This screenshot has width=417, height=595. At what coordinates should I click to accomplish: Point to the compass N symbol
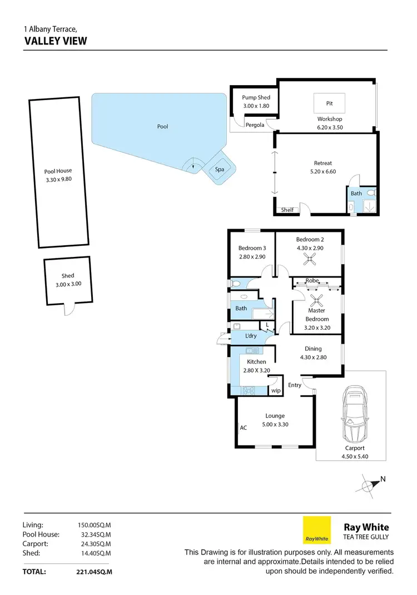pos(371,484)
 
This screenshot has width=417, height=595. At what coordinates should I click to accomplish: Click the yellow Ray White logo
pos(316,530)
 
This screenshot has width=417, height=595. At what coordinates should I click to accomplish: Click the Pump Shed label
pos(256,98)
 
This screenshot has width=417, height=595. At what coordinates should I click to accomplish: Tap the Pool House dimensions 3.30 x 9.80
pos(58,179)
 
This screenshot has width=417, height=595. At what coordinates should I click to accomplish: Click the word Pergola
pos(255,125)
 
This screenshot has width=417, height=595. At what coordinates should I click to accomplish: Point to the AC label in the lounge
pos(243,428)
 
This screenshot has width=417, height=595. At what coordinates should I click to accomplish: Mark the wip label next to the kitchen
pos(275,391)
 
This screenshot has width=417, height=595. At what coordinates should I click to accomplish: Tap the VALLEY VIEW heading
pos(56,41)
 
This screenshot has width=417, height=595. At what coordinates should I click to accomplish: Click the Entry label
pos(295,385)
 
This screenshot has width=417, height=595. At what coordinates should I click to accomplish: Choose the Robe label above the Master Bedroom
pos(312,281)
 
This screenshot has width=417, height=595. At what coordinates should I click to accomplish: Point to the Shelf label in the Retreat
pos(287,210)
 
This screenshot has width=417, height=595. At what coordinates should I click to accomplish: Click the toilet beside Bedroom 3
pos(235,284)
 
